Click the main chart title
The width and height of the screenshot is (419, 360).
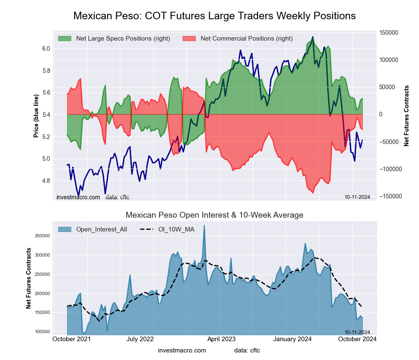point(215,16)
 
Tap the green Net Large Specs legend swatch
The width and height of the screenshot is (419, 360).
point(65,39)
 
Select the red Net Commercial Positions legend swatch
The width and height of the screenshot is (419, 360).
point(189,39)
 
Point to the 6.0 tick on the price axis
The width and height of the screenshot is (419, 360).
point(46,49)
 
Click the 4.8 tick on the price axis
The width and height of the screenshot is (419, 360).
point(46,181)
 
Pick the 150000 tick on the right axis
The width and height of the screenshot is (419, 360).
point(388,33)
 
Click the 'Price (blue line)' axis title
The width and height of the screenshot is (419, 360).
point(36,116)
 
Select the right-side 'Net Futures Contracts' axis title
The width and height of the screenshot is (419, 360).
point(406,116)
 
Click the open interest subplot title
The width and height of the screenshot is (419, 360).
point(215,215)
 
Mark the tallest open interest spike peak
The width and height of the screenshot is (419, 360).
point(204,226)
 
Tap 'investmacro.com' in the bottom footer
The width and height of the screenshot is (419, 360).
point(182,350)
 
